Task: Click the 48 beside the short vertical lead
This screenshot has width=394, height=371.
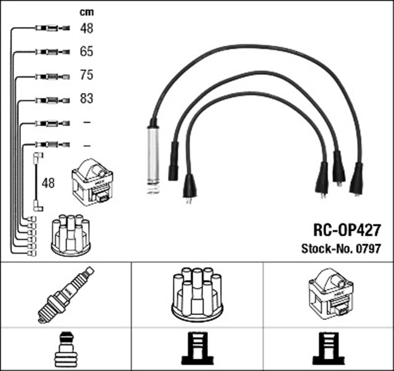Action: click(48, 183)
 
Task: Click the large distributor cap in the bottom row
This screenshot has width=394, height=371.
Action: click(197, 293)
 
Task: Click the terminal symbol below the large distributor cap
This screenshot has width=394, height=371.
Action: click(197, 348)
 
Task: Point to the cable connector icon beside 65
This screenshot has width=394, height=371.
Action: click(49, 52)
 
